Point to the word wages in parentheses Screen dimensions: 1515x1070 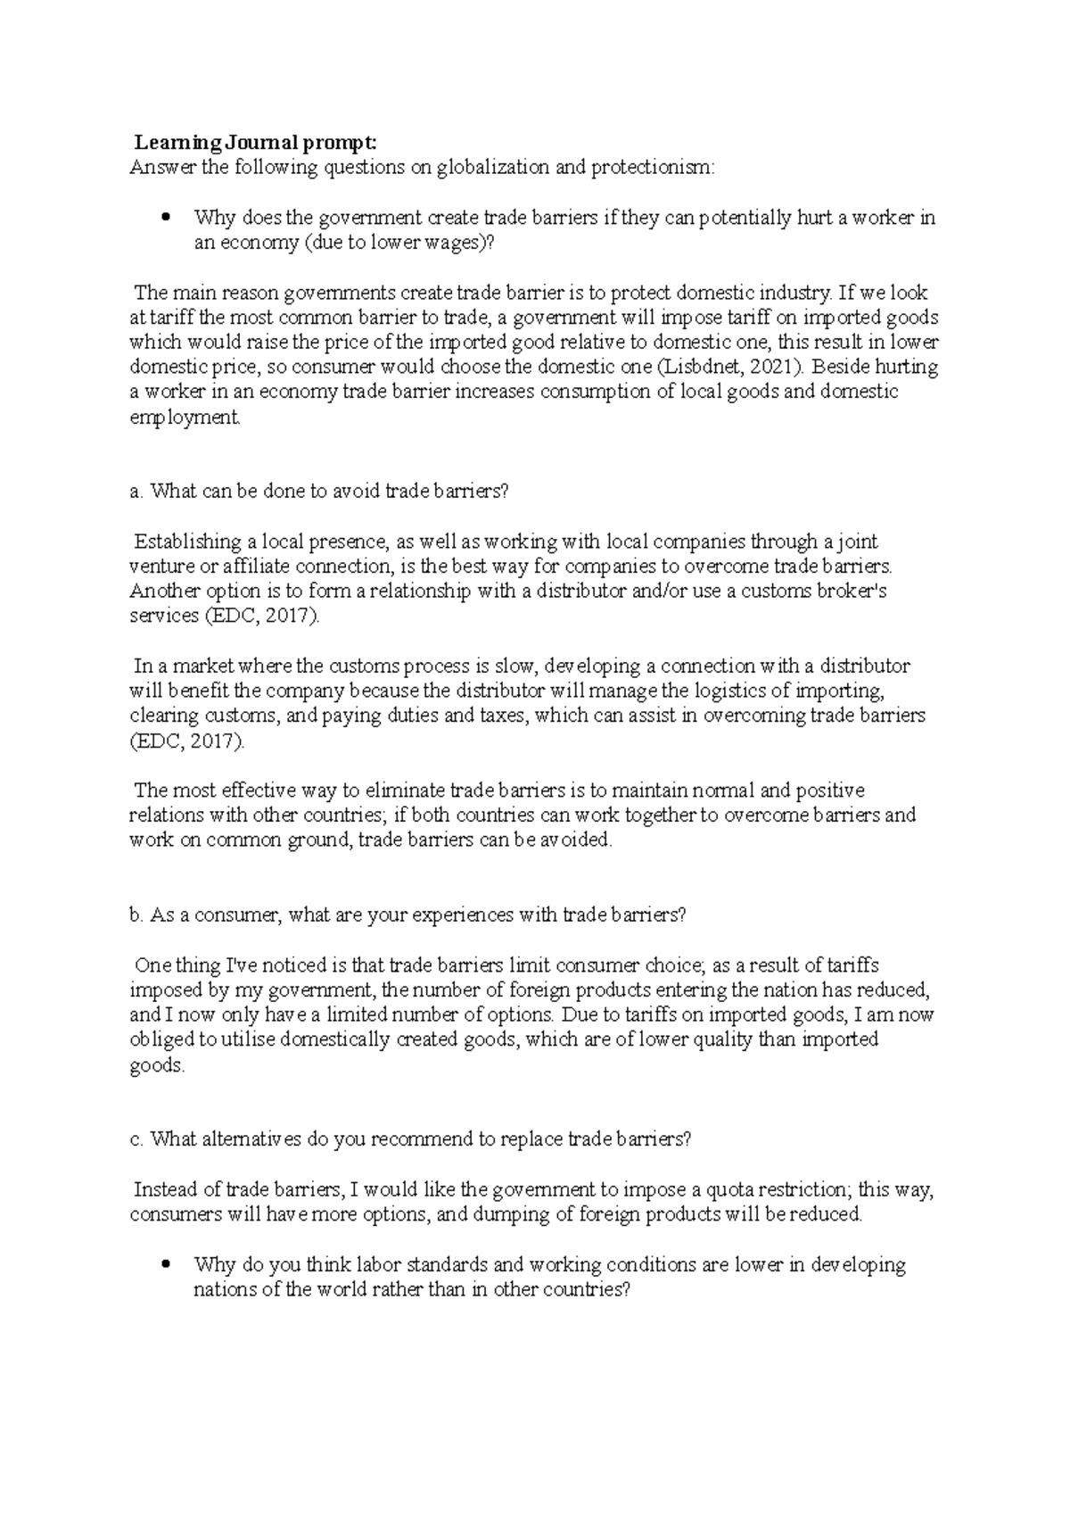453,243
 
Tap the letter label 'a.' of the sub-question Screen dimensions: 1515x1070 136,491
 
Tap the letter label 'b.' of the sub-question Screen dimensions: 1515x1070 136,915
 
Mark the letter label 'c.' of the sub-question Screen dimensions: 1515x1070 136,1139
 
